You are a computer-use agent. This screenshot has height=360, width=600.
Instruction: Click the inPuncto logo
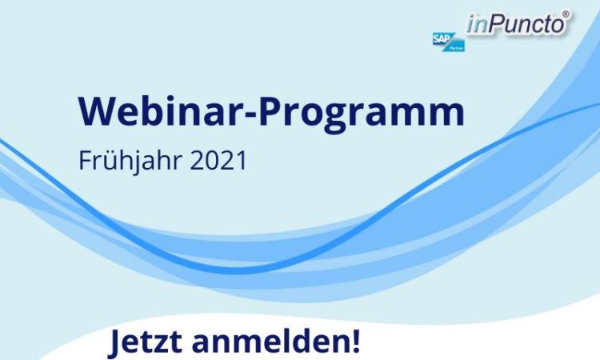tap(518, 24)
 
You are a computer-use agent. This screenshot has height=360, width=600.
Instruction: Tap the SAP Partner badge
tap(449, 42)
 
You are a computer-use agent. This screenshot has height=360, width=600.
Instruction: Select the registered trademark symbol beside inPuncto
tap(566, 14)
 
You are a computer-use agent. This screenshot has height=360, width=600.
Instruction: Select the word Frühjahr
tap(130, 161)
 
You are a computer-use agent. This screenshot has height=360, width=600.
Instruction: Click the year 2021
tap(218, 161)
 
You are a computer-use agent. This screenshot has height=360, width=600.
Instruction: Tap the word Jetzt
tap(145, 341)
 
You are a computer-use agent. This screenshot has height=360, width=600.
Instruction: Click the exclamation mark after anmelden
tap(354, 340)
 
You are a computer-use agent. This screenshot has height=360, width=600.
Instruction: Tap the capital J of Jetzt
tap(115, 342)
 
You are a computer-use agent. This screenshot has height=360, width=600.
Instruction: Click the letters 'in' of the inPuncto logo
tap(477, 25)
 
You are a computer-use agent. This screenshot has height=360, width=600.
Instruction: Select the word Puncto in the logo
tap(526, 24)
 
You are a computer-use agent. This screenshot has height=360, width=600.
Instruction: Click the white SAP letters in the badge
tap(441, 38)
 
